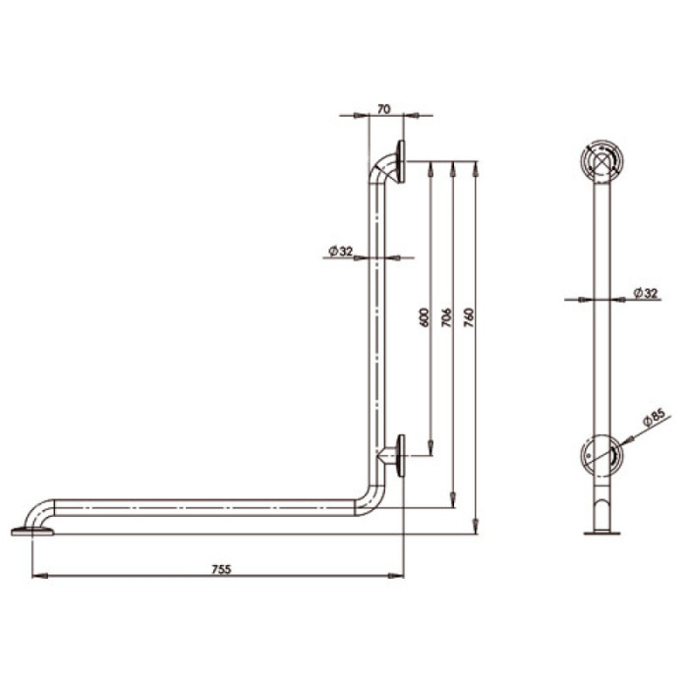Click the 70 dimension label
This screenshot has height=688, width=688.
383,109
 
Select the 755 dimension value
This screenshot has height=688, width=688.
221,569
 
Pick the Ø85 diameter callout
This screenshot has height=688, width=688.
655,418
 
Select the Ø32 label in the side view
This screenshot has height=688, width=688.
647,293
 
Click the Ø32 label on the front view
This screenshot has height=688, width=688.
340,251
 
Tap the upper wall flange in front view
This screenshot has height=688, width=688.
400,162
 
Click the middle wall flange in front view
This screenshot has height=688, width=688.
400,456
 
